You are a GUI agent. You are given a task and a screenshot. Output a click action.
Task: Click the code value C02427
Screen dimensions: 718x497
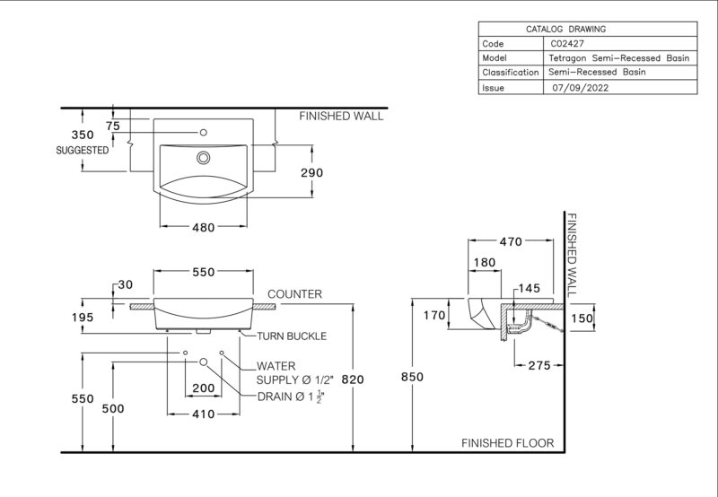click(567, 44)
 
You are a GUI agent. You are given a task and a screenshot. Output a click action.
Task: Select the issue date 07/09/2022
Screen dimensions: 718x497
click(580, 88)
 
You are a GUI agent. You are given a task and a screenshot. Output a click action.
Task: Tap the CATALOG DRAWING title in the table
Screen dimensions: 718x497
click(565, 30)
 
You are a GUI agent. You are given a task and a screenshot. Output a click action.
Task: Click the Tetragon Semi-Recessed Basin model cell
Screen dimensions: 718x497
click(618, 58)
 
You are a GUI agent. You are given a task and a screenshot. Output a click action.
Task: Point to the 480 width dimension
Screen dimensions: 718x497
click(204, 228)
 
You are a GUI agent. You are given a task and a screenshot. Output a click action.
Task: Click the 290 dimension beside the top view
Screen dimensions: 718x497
click(311, 172)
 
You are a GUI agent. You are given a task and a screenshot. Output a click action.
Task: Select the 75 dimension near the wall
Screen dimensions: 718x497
click(113, 126)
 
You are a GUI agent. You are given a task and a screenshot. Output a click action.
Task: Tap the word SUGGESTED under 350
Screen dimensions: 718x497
click(83, 150)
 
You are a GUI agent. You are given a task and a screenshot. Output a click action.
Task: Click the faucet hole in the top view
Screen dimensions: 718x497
click(204, 133)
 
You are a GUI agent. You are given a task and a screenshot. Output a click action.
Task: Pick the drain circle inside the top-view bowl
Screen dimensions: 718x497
click(204, 158)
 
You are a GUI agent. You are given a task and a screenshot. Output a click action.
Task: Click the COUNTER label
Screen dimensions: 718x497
click(294, 294)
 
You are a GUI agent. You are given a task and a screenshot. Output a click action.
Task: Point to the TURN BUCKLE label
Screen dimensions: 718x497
click(292, 336)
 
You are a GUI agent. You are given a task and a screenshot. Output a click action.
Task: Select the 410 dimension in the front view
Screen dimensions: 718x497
click(204, 414)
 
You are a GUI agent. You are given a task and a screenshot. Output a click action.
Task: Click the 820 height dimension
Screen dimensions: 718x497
click(353, 379)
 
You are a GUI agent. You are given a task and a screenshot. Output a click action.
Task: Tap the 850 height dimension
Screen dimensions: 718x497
click(412, 377)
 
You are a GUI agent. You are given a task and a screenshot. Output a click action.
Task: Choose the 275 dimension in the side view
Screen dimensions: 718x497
click(539, 365)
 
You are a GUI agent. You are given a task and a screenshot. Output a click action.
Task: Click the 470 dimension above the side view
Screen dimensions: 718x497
click(511, 241)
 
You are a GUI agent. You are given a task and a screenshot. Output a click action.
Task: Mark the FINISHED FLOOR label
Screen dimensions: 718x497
click(507, 443)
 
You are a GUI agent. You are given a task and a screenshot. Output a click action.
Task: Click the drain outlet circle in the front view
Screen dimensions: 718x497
click(204, 362)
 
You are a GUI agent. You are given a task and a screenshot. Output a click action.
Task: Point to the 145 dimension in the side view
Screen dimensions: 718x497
click(530, 288)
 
